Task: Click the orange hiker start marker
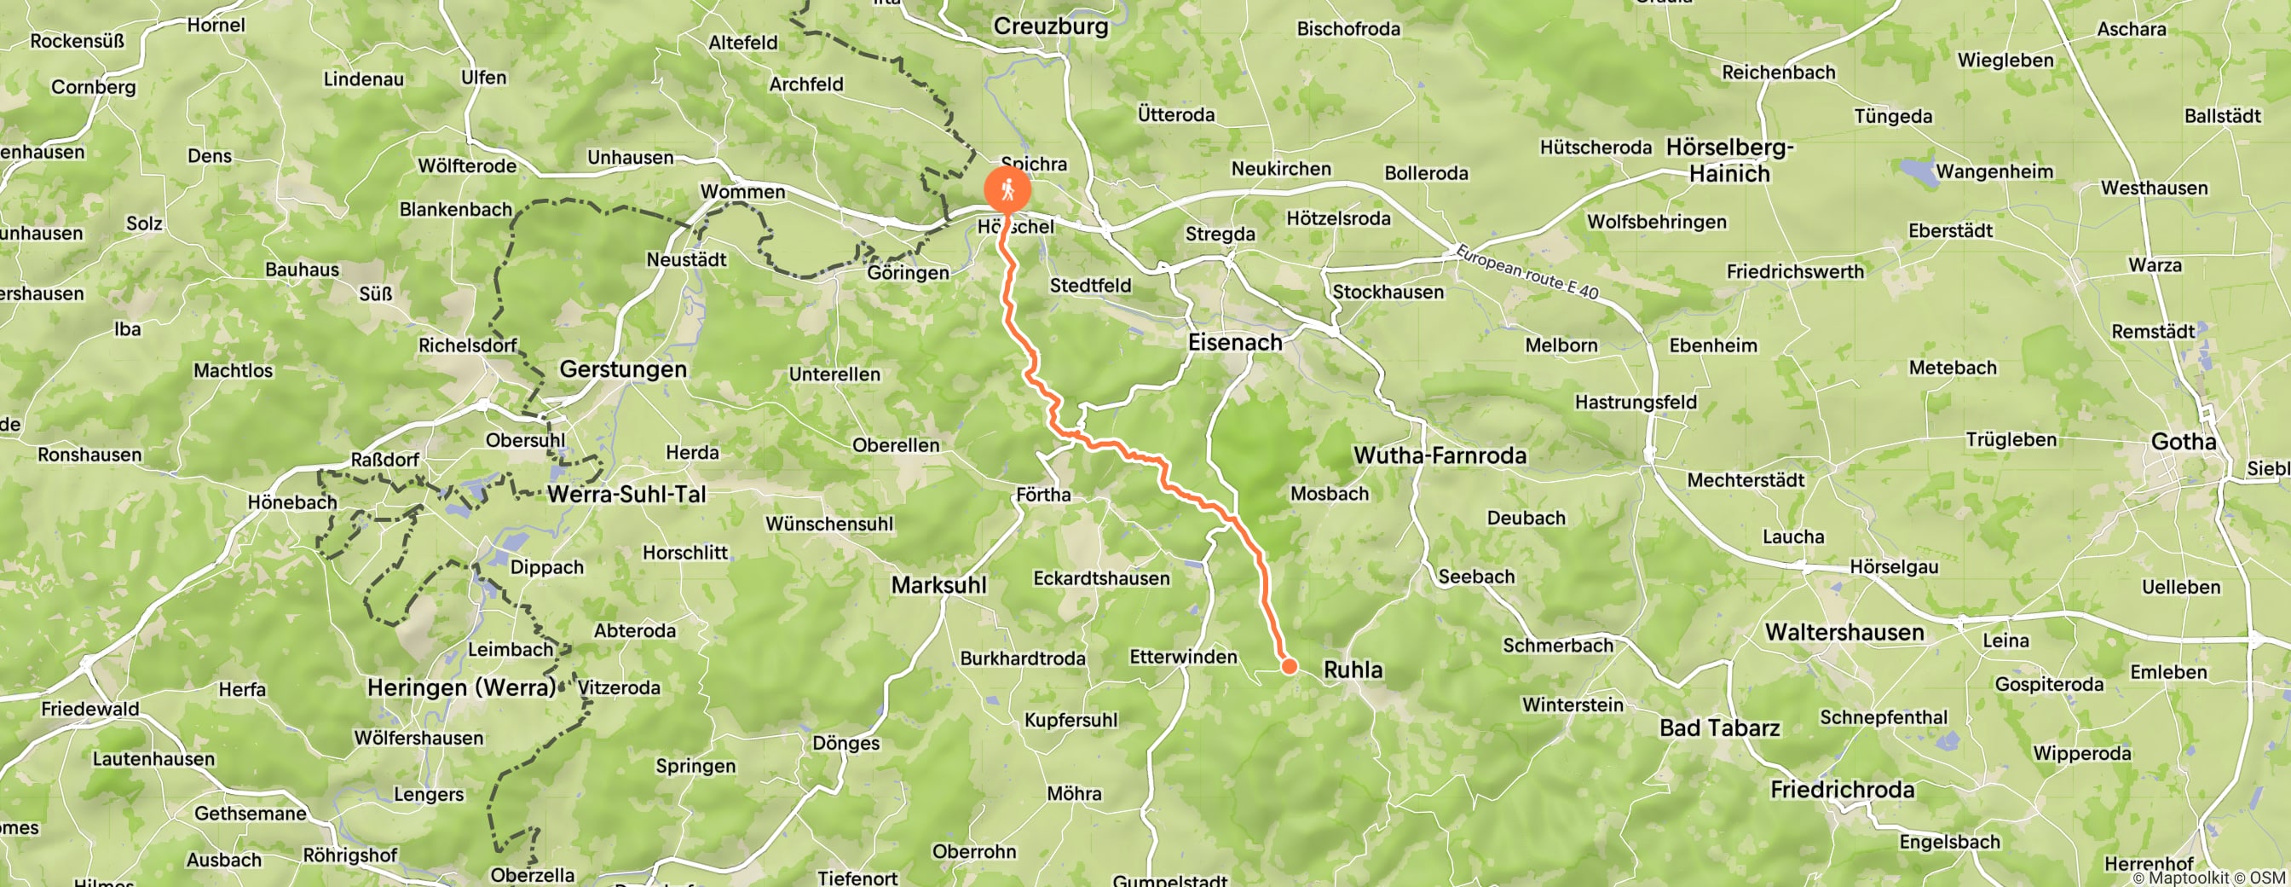coord(1007,189)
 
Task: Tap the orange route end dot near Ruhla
coord(1289,665)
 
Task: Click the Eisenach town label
coord(1235,343)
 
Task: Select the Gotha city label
coord(2183,441)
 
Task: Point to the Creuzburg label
coord(1050,26)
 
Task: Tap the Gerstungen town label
coord(622,369)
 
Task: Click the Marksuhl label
coord(938,585)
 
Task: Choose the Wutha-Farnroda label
coord(1439,455)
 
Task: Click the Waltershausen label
coord(1844,633)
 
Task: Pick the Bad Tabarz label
coord(1719,728)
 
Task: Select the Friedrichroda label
coord(1842,789)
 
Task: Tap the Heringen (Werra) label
coord(461,687)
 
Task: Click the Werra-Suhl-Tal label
coord(626,495)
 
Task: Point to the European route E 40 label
coord(1526,271)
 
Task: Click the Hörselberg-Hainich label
coord(1729,160)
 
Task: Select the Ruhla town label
coord(1353,670)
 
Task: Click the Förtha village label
coord(1043,495)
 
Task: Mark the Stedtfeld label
coord(1090,286)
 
